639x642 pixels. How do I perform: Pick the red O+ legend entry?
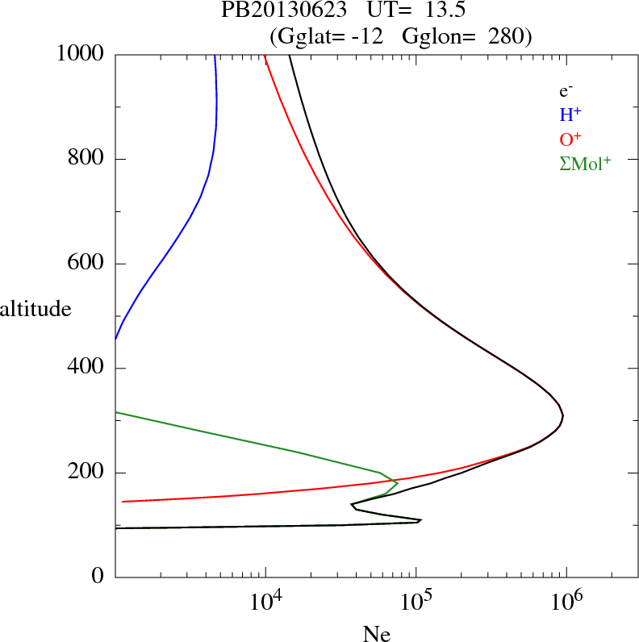[570, 139]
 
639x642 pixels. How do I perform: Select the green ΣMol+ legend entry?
[585, 163]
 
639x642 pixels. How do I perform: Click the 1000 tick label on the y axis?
[81, 54]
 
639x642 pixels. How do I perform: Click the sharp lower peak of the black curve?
[420, 520]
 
